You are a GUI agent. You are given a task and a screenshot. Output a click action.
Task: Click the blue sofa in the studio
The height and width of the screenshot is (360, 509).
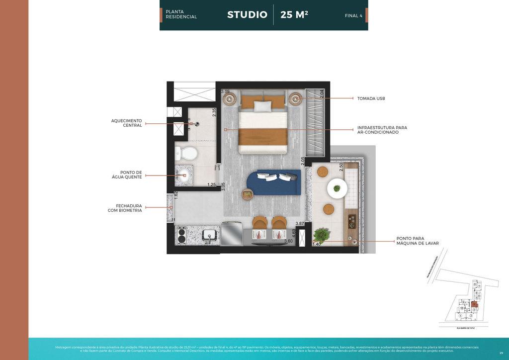coord(279,182)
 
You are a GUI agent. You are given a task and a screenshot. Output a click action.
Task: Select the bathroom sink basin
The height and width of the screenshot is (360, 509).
coord(184,174)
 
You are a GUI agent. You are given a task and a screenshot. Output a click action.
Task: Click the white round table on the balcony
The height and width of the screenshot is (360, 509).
coord(338,188)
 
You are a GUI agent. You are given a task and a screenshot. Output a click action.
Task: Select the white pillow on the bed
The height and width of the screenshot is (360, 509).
coord(263,106)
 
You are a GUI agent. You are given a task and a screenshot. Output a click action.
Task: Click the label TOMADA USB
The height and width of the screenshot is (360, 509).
coord(371,98)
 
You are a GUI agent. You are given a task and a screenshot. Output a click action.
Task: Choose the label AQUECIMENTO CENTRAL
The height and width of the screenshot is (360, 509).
coord(127,123)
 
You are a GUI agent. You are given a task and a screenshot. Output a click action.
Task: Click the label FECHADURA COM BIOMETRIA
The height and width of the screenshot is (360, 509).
coord(125,208)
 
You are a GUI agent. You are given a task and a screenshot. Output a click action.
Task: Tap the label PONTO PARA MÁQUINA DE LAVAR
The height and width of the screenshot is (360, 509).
coord(417,241)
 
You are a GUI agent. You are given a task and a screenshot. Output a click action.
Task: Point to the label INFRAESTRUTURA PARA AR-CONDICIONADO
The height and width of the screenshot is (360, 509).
coord(382,130)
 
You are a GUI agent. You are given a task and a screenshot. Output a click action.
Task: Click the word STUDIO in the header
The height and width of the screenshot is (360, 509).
coord(247,15)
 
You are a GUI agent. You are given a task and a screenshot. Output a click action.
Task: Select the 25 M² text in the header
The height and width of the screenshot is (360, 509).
coord(294,15)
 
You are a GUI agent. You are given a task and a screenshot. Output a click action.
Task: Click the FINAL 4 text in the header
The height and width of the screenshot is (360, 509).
coord(353,16)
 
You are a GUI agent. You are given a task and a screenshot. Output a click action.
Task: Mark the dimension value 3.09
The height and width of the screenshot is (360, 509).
coord(225,91)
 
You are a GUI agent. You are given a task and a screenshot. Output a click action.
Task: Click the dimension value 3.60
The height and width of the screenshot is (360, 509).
coord(288,241)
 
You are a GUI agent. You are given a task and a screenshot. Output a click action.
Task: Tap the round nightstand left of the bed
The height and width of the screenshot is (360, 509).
coord(230,99)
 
